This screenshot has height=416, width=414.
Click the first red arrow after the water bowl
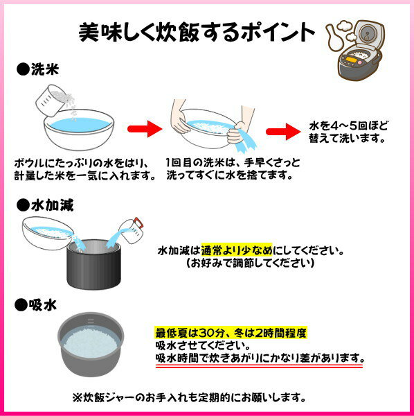coord(145,128)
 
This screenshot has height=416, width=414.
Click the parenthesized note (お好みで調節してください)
coord(249,263)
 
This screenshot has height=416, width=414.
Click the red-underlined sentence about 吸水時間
coord(259,358)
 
